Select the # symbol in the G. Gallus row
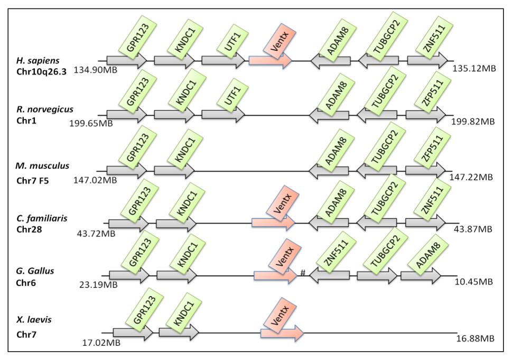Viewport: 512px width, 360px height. point(303,272)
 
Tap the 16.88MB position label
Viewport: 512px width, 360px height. point(476,338)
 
